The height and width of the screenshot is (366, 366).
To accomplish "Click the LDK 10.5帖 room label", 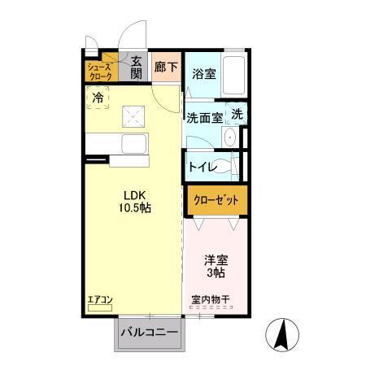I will (136, 201).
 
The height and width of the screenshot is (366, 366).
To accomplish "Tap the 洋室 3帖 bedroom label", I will (216, 267).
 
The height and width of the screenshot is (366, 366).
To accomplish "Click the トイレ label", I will (202, 167).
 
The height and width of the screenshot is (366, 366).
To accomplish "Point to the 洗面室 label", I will (204, 118).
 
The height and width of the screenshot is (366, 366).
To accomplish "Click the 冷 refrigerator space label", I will (98, 98).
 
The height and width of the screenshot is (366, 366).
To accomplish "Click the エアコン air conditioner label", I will (99, 300).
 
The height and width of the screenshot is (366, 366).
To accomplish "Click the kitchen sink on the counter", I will (133, 143).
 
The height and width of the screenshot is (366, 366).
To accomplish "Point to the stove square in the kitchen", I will (133, 117).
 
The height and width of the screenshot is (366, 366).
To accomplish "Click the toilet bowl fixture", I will (234, 166).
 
